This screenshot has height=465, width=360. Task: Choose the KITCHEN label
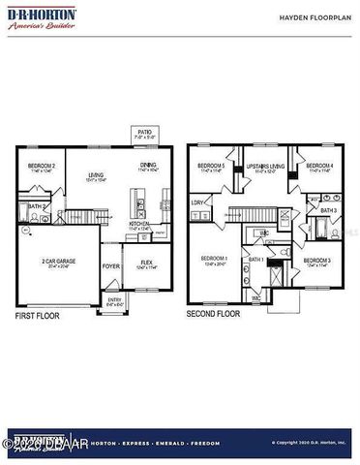coord(140,224)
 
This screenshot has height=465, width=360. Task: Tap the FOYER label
coord(111,265)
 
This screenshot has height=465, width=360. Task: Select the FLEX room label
coord(146,262)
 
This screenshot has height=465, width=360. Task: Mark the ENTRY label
coord(115,300)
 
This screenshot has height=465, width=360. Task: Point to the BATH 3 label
coord(328,210)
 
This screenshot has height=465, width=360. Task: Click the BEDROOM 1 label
coord(214,259)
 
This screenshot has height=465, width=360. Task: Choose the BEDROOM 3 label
coord(317,262)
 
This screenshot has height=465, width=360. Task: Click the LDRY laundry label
coord(197,202)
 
